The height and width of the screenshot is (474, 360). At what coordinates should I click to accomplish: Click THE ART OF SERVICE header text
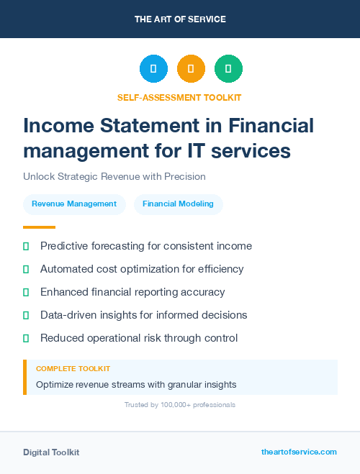[180, 19]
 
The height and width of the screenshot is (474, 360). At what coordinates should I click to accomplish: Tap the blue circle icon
[153, 69]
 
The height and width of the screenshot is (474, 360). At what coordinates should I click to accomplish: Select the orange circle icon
[191, 69]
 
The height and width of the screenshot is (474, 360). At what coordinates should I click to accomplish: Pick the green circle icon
[228, 69]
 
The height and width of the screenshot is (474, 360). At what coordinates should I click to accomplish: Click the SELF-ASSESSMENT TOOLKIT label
[179, 97]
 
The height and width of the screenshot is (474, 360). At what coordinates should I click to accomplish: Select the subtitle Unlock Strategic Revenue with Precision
[114, 176]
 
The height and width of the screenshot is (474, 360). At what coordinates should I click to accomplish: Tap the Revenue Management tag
[74, 204]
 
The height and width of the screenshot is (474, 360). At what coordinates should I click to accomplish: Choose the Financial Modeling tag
[178, 204]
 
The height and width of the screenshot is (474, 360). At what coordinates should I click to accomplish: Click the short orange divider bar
[39, 227]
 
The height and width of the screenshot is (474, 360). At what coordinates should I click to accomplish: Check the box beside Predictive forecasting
[26, 246]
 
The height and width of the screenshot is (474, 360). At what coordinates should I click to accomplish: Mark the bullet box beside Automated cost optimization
[26, 269]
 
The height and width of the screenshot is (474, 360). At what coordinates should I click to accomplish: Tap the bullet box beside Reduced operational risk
[26, 338]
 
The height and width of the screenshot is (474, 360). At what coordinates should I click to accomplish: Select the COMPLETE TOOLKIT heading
[73, 368]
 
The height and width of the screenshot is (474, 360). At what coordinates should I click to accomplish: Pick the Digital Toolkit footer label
[51, 452]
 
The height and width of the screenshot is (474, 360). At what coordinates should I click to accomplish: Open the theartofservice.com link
[299, 452]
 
